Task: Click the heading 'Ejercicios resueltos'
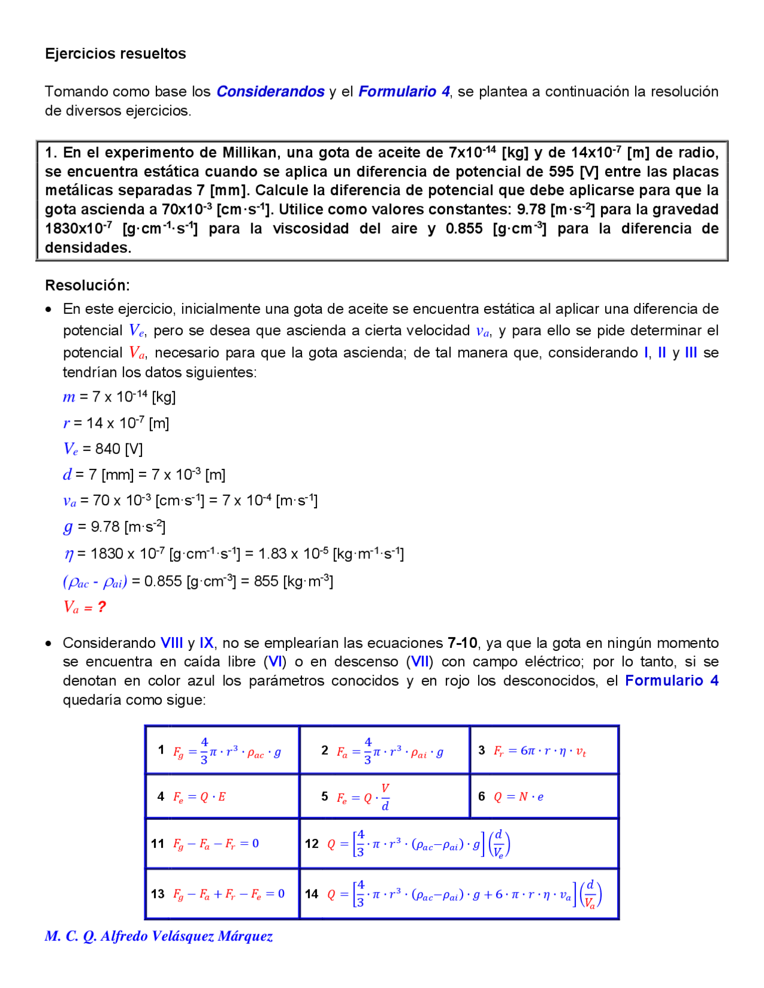(115, 54)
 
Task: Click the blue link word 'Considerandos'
(270, 91)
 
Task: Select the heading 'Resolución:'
(87, 285)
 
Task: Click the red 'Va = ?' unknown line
(84, 607)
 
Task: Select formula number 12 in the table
(312, 844)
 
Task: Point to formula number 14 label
(312, 894)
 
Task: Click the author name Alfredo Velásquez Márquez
(186, 936)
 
